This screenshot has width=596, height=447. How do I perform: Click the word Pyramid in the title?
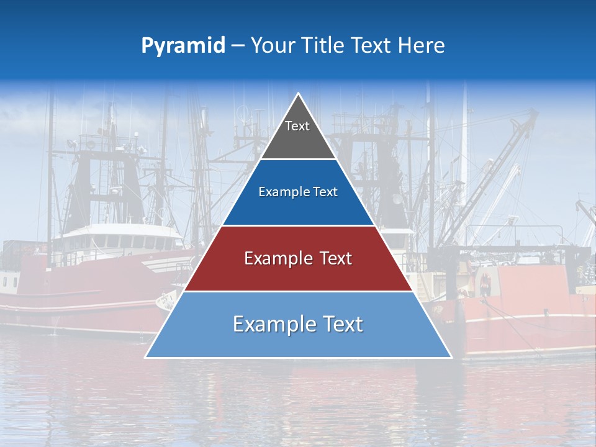[x=183, y=46]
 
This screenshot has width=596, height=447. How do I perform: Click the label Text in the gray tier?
[x=297, y=126]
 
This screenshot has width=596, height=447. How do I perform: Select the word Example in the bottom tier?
[x=266, y=324]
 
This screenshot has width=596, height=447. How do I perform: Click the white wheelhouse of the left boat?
[x=118, y=239]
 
